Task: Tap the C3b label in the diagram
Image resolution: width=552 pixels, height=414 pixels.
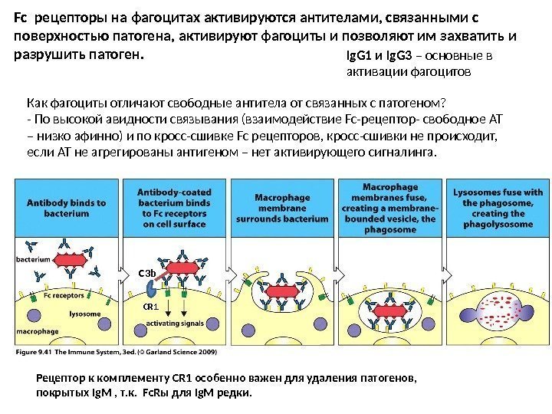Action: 146,273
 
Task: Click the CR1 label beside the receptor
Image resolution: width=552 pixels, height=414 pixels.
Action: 150,307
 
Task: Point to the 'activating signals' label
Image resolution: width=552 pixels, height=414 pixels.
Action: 175,324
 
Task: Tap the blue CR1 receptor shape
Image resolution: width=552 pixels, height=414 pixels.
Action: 152,290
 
